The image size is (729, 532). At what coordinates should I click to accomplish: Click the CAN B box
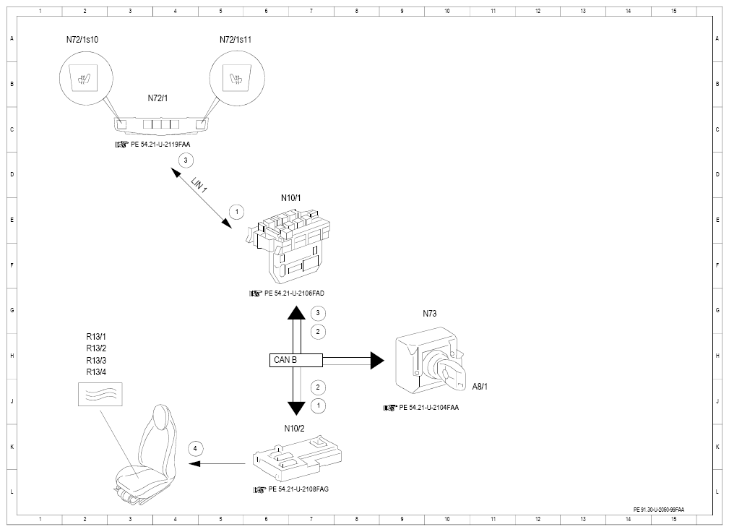click(296, 360)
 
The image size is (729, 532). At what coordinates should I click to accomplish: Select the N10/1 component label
click(291, 198)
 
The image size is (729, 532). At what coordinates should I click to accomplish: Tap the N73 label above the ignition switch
click(430, 314)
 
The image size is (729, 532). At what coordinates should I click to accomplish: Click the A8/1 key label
click(480, 387)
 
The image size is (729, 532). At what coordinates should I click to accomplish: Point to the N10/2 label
click(294, 429)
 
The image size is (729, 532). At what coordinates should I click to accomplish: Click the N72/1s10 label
click(82, 40)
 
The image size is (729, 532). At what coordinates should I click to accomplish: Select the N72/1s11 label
click(236, 40)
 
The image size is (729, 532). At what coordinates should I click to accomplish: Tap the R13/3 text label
click(96, 361)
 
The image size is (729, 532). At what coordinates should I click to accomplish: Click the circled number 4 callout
click(195, 449)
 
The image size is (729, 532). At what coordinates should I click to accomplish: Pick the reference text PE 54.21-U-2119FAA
click(160, 145)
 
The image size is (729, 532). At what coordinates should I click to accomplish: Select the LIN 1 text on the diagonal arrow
click(199, 184)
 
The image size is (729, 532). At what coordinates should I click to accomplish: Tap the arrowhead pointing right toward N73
click(377, 361)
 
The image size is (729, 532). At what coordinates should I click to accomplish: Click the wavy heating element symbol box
click(100, 395)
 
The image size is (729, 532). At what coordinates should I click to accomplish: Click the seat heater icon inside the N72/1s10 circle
click(85, 78)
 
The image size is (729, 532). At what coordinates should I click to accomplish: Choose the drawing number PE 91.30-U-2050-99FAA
click(659, 510)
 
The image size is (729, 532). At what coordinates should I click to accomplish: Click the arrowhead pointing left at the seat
click(194, 463)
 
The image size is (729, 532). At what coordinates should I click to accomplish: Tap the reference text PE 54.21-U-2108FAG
click(298, 489)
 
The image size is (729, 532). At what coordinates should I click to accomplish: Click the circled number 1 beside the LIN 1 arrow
click(237, 212)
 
